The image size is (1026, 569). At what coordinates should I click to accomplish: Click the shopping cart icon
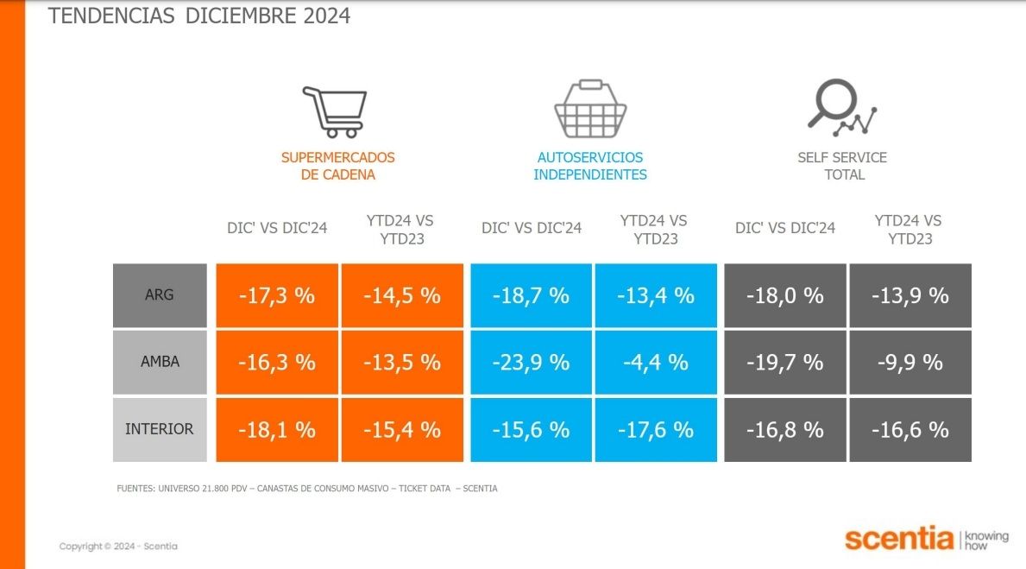[335, 111]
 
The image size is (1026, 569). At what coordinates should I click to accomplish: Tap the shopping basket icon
[590, 110]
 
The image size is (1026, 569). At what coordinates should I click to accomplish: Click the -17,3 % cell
[277, 295]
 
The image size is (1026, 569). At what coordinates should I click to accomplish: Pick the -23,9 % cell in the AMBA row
[531, 363]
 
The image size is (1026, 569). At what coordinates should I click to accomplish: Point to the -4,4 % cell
[656, 363]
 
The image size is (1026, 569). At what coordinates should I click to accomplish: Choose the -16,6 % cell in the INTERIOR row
[910, 429]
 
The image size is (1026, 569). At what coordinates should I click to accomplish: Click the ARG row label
[160, 295]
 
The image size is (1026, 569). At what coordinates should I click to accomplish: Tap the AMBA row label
[160, 363]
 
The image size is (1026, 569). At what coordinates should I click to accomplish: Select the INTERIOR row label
[160, 429]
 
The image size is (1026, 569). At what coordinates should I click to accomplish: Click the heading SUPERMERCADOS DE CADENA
[338, 166]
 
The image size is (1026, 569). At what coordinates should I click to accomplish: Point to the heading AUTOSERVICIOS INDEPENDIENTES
[590, 166]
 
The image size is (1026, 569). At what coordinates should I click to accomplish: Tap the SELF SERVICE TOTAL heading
[843, 166]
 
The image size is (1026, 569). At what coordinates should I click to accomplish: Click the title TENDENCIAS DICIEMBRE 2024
[199, 16]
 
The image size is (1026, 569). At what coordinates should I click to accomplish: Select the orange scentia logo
[899, 539]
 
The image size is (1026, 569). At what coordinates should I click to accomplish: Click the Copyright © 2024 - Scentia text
[118, 547]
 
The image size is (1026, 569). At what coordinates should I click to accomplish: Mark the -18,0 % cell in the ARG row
[784, 295]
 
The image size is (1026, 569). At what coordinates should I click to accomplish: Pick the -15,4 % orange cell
[402, 429]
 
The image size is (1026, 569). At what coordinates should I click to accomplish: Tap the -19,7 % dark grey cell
[784, 363]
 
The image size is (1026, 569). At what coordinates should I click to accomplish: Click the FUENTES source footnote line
[306, 489]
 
